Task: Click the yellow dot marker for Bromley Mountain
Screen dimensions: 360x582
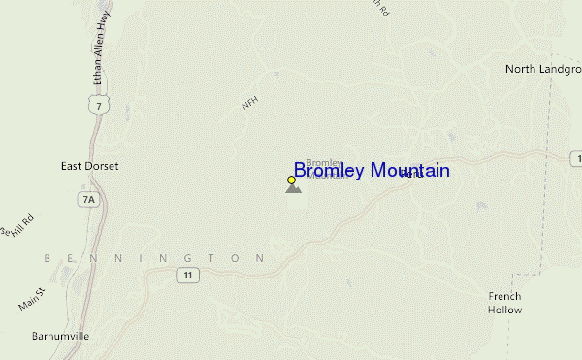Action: (x=291, y=180)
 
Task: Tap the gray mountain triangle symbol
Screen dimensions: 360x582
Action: (x=293, y=187)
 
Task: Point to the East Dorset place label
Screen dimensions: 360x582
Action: (x=89, y=166)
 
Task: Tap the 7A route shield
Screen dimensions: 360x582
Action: (x=90, y=200)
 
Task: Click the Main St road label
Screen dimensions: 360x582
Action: (x=32, y=298)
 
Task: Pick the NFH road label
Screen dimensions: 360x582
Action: (x=249, y=104)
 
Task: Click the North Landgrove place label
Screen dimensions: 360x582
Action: (x=542, y=69)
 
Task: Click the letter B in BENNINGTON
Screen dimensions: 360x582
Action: (x=48, y=258)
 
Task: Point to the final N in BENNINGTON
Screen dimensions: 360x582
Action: (x=260, y=258)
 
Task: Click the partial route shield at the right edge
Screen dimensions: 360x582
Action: (x=577, y=158)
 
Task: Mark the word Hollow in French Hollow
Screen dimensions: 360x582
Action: (x=504, y=310)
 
